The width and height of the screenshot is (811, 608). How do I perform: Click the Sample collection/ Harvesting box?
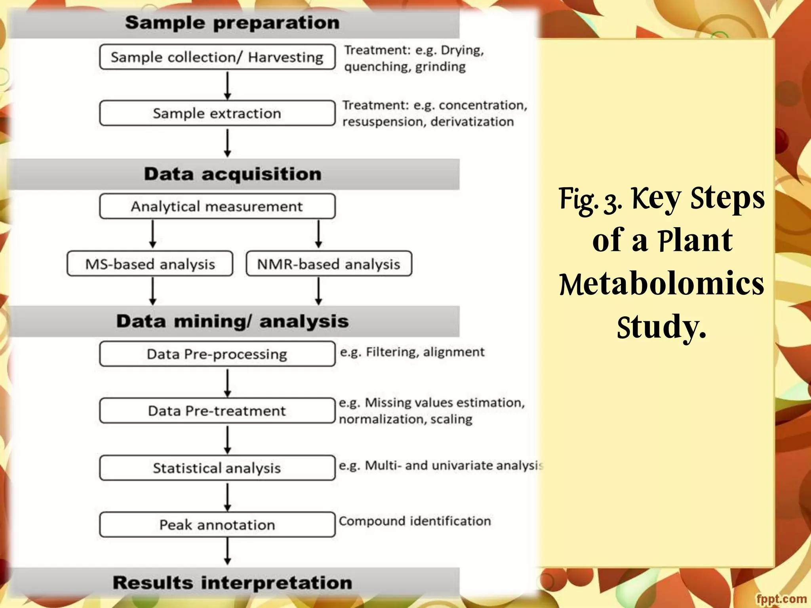pos(217,57)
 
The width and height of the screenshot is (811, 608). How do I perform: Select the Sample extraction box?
pos(217,113)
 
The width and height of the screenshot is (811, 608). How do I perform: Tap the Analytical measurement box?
pos(217,206)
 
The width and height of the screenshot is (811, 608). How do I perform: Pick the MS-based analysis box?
pos(150,264)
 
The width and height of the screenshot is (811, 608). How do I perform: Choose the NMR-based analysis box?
pos(329,264)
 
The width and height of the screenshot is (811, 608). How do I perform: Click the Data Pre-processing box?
pos(217,354)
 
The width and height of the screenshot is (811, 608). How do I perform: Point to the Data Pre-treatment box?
pos(217,411)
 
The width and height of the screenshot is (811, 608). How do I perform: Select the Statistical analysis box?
pos(217,468)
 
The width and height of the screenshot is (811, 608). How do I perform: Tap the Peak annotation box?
pos(217,525)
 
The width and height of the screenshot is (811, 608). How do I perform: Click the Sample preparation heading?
pos(232,23)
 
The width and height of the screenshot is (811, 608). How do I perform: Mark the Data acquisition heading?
pos(232,174)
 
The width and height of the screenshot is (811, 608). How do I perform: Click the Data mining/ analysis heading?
pos(232,321)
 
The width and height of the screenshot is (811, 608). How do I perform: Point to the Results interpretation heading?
pos(232,583)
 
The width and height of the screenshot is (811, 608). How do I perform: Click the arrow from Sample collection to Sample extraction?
pos(227,85)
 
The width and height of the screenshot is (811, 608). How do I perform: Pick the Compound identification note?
pos(415,521)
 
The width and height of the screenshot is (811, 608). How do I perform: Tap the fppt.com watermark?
pos(781,599)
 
